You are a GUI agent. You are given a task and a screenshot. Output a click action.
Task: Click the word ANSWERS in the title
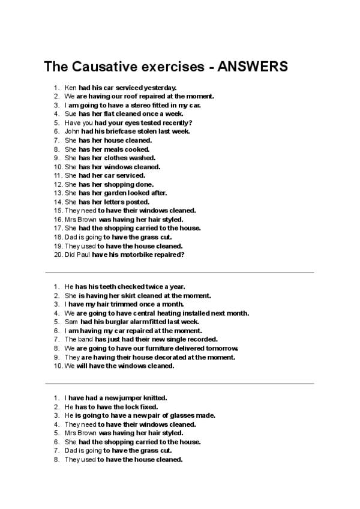[248, 65]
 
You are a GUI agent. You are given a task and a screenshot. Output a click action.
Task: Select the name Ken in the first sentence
[70, 87]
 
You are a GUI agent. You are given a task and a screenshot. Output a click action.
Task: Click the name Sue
[70, 113]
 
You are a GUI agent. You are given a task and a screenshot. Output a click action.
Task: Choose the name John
[71, 131]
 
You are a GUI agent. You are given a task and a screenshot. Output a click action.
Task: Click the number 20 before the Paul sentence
[58, 254]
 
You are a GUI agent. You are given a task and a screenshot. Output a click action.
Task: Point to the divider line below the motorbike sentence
[179, 272]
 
